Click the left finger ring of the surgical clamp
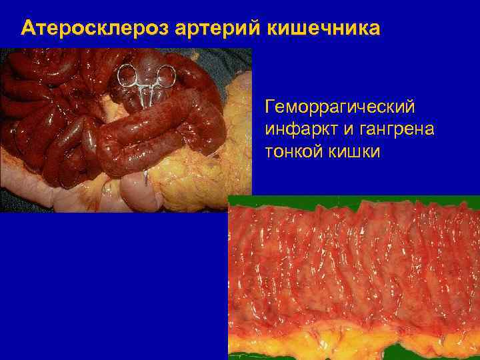tap(127, 76)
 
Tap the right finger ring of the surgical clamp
tap(165, 75)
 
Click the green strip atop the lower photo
tap(353, 199)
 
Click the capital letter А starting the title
tap(28, 29)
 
